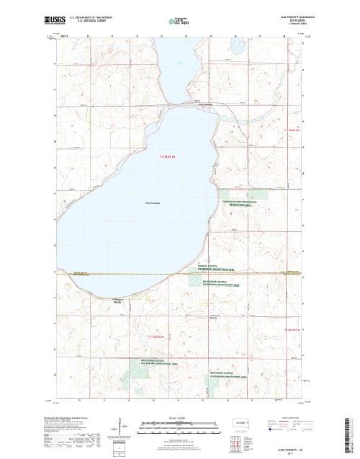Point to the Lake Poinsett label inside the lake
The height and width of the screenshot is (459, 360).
[150, 202]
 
